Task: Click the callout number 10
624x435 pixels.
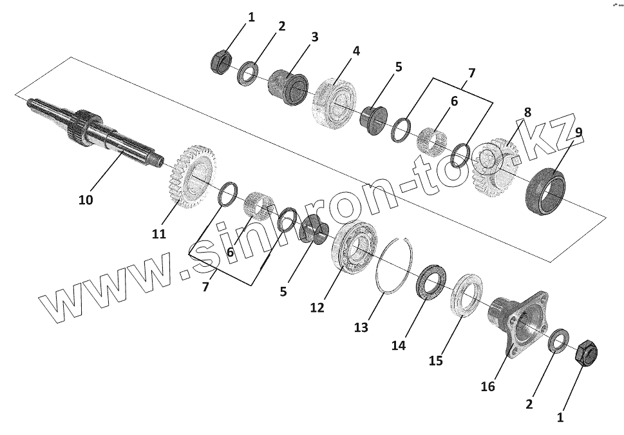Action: pyautogui.click(x=86, y=200)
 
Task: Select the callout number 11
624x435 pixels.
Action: pyautogui.click(x=159, y=233)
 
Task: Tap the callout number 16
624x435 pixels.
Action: pyautogui.click(x=488, y=386)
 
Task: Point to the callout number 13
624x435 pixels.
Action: pyautogui.click(x=361, y=327)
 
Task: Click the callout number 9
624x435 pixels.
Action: pyautogui.click(x=578, y=132)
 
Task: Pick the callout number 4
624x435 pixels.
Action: pyautogui.click(x=356, y=50)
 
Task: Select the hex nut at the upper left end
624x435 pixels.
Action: pyautogui.click(x=221, y=61)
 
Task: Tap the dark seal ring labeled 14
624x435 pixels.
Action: pyautogui.click(x=429, y=284)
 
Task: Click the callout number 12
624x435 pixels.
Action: pyautogui.click(x=317, y=307)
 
